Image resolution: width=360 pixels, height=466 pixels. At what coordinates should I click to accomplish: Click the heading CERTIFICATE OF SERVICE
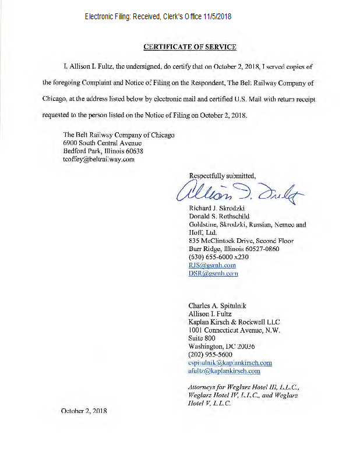pos(189,47)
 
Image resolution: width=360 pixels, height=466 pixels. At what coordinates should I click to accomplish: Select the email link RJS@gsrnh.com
pos(212,265)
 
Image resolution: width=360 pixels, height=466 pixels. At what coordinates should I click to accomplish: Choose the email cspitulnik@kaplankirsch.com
pos(230,362)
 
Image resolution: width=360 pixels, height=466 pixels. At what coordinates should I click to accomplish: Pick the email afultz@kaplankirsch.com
pos(224,370)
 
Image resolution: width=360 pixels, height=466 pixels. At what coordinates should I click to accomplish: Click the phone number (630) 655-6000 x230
pos(218,257)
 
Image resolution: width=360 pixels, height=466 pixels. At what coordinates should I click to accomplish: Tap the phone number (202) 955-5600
pos(210,354)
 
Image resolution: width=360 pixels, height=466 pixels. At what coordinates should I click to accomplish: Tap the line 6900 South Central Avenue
pos(103,143)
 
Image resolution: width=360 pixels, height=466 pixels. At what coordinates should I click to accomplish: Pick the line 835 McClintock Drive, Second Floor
pos(241,241)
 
